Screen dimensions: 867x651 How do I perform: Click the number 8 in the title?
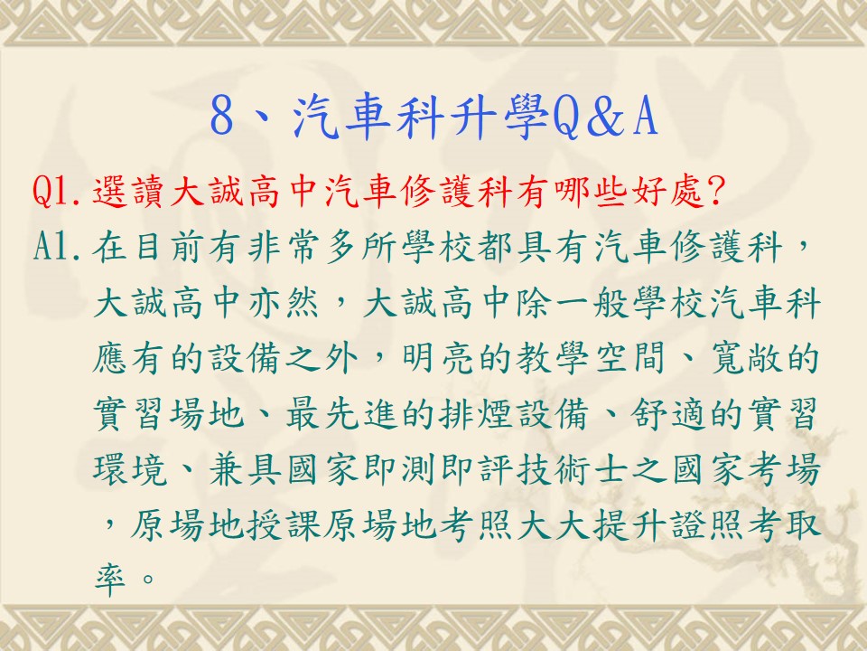click(x=222, y=117)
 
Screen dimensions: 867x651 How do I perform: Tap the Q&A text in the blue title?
click(x=605, y=117)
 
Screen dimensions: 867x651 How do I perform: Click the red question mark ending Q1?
click(x=715, y=192)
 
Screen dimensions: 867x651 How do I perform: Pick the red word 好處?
click(x=667, y=192)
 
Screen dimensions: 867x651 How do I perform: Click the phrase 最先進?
click(x=343, y=413)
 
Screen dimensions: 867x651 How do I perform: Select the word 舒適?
click(x=667, y=413)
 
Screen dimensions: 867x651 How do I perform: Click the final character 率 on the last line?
click(x=110, y=580)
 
